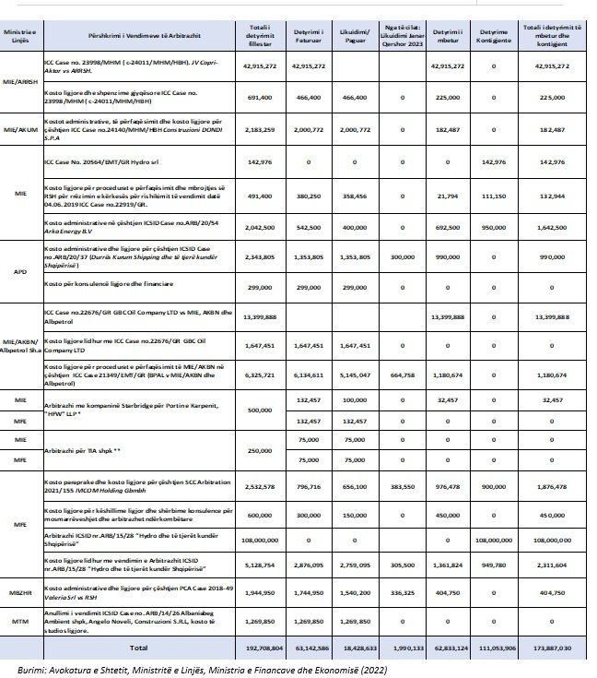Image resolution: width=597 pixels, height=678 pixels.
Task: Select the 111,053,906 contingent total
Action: (510, 649)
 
